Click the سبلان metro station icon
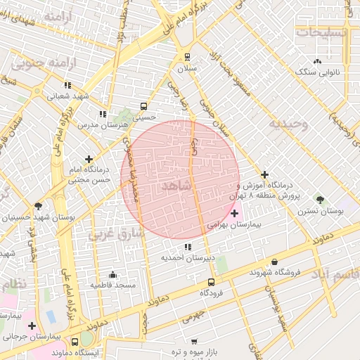click(187, 57)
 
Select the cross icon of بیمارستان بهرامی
click(234, 212)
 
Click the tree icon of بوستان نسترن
click(321, 200)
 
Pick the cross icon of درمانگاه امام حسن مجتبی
click(89, 160)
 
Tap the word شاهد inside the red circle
click(176, 186)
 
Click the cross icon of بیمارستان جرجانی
click(32, 326)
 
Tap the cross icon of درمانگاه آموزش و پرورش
click(264, 174)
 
